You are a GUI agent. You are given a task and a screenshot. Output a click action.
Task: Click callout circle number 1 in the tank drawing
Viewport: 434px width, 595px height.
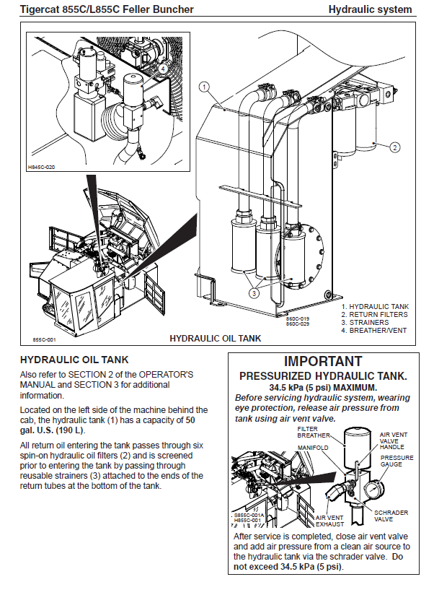(204, 86)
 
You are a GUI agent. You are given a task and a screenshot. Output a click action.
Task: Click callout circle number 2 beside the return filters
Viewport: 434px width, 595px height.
(395, 147)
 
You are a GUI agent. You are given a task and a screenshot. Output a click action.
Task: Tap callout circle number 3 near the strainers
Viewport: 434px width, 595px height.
(254, 293)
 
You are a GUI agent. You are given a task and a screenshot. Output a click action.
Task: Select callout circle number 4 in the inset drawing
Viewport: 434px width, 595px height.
(164, 69)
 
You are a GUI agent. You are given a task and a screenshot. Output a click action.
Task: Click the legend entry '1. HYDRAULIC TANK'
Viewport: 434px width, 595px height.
(374, 307)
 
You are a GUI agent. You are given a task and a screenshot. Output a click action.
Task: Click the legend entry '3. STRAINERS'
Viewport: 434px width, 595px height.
(365, 322)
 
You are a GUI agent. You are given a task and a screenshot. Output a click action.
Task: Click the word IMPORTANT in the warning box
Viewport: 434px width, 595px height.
(323, 360)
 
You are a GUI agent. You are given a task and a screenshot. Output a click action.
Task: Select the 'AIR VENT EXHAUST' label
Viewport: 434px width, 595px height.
(330, 521)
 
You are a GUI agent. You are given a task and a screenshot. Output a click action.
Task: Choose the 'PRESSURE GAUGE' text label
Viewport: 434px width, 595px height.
(397, 461)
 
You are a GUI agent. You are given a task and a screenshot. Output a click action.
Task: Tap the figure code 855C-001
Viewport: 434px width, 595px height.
(44, 338)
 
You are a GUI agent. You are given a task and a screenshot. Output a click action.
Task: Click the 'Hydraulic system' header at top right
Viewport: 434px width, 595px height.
(370, 9)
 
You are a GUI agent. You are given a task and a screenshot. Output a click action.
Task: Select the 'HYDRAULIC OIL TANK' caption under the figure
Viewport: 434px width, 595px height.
(214, 338)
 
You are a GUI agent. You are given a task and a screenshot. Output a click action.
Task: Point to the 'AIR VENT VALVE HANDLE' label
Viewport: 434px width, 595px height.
(394, 440)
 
